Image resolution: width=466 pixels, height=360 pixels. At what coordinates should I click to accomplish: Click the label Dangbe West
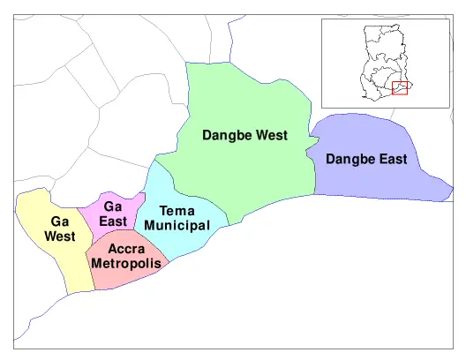(x=244, y=136)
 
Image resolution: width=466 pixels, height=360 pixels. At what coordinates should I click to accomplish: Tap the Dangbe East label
(x=366, y=160)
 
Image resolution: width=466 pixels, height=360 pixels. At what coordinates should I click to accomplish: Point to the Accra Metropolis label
(x=126, y=256)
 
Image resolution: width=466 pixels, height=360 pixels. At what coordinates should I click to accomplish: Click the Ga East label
(x=113, y=214)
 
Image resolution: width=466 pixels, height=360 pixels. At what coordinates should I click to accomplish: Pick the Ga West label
(x=60, y=229)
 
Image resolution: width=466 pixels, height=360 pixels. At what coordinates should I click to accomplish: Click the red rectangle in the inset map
(x=400, y=88)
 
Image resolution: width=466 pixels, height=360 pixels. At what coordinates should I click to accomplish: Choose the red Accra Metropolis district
(x=132, y=275)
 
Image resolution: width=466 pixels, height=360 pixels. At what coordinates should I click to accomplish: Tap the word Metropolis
(x=126, y=264)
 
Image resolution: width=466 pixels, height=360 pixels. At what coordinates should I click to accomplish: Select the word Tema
(x=177, y=211)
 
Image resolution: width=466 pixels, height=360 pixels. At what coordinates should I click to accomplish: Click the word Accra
(x=126, y=249)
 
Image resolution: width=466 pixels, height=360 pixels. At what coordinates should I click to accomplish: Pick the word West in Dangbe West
(x=270, y=136)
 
